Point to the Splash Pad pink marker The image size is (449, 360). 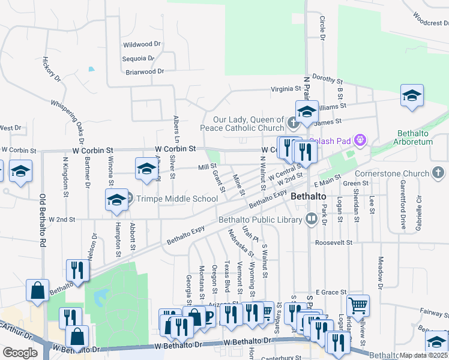point(360,142)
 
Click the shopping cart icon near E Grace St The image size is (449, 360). point(358,305)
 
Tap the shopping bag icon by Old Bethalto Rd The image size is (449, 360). point(38,290)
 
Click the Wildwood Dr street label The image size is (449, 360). point(142,44)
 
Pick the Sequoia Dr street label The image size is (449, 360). point(138,58)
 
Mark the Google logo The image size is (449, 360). point(20,353)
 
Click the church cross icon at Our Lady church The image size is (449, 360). point(293,124)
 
